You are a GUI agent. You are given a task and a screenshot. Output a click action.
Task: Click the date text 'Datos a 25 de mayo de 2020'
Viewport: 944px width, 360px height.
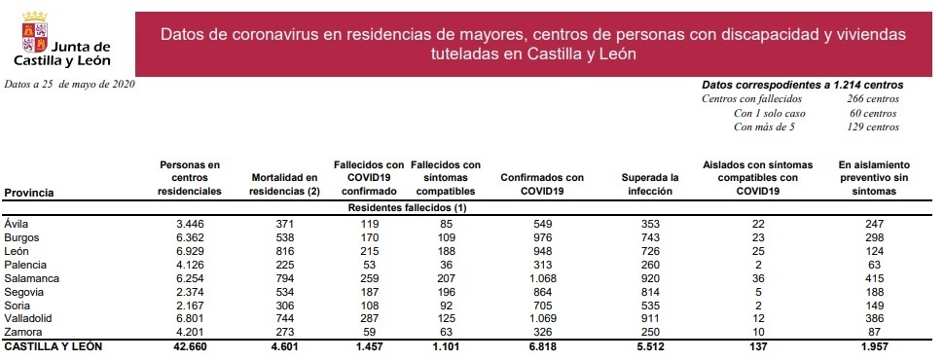coord(68,85)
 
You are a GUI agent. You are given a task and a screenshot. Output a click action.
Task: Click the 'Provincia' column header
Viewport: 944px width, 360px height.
coord(29,193)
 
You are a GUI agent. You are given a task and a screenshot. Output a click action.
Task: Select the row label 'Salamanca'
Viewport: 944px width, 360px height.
coord(31,277)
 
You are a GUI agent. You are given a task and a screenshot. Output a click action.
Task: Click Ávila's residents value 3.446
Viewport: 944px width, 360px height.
coord(190,224)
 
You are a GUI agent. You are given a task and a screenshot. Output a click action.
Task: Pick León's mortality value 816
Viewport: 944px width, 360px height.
coord(284,251)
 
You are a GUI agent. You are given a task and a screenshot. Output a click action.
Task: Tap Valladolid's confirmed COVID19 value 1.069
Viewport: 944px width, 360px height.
coord(541,317)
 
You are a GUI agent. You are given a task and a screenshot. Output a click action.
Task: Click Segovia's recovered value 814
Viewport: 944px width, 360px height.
coord(649,291)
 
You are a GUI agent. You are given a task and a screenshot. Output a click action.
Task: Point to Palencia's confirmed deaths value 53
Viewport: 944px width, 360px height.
coord(368,264)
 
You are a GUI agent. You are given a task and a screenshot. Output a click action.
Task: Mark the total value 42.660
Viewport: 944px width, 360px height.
coord(190,345)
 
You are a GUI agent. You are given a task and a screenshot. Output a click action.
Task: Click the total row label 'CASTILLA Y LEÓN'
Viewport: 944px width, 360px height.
coord(54,345)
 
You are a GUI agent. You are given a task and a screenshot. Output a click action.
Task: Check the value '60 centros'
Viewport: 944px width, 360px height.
coord(872,113)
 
